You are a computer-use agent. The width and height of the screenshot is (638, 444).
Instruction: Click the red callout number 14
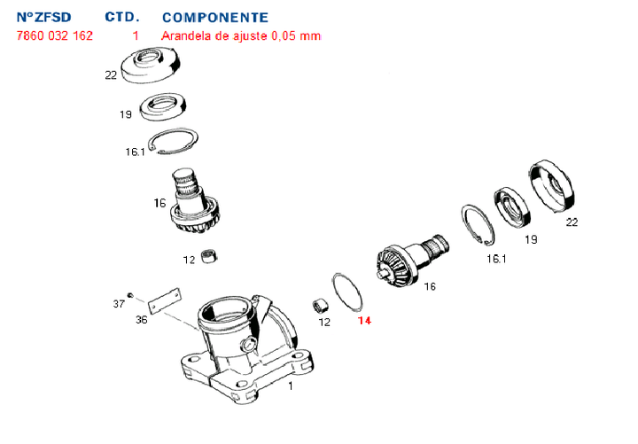click(x=365, y=321)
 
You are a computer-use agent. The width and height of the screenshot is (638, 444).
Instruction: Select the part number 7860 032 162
click(x=54, y=36)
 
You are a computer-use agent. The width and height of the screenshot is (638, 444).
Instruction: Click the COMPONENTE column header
click(x=215, y=18)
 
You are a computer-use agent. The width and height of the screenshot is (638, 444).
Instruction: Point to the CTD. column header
click(x=122, y=18)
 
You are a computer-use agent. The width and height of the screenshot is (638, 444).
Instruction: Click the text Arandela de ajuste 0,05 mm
click(x=241, y=36)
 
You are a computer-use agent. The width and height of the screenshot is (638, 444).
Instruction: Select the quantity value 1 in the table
click(x=136, y=36)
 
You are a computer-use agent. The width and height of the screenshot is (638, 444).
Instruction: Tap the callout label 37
click(x=119, y=304)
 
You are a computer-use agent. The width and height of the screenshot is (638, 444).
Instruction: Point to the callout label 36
click(x=142, y=319)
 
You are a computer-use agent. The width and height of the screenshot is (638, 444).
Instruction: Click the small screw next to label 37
click(x=130, y=295)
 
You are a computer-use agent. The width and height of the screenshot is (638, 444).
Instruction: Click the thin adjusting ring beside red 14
click(x=344, y=288)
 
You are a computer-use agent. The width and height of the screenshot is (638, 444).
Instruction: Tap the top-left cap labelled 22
click(x=152, y=67)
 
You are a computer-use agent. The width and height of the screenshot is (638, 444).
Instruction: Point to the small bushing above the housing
click(x=210, y=258)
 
